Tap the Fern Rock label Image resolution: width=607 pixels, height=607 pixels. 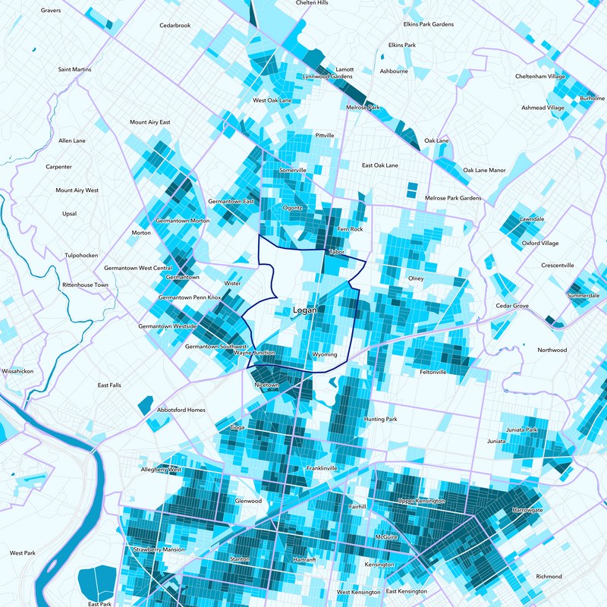tap(351, 229)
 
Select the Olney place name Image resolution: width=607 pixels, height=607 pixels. tap(416, 278)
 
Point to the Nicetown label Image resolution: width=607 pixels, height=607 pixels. tap(267, 385)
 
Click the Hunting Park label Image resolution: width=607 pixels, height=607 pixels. tap(380, 419)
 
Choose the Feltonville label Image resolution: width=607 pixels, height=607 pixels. tap(433, 372)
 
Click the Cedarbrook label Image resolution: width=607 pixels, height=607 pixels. tap(175, 25)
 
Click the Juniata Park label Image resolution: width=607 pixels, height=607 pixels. tap(521, 430)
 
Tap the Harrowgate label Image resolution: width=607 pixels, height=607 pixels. tap(527, 510)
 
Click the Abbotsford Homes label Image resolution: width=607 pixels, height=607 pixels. tap(181, 410)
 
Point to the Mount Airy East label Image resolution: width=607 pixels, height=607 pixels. tap(149, 122)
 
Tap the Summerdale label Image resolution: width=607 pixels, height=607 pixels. tap(583, 295)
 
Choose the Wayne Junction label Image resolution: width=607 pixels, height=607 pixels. tap(253, 354)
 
